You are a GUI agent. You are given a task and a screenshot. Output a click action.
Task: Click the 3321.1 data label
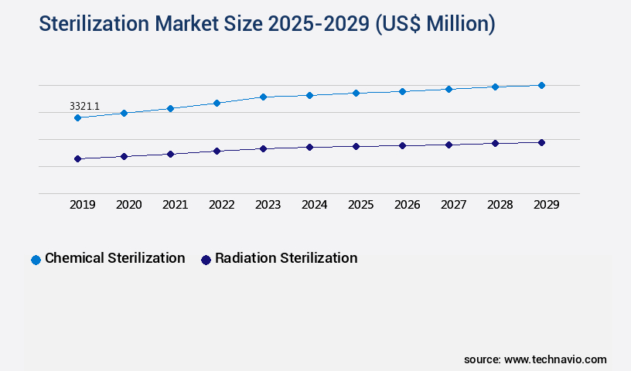click(x=84, y=106)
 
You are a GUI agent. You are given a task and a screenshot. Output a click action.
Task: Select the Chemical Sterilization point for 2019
click(x=77, y=117)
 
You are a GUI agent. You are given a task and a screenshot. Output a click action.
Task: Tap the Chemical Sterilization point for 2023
click(x=263, y=97)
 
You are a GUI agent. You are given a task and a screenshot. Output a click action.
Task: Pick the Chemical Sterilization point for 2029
click(x=541, y=85)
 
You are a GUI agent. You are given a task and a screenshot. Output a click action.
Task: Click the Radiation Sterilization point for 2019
click(x=77, y=158)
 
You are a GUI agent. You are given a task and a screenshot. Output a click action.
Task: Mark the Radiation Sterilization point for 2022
click(x=217, y=151)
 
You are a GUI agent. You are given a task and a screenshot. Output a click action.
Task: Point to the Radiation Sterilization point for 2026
click(x=402, y=145)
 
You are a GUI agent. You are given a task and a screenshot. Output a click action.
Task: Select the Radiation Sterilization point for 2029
click(x=541, y=142)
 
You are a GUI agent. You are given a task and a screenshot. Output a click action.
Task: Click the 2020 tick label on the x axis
click(x=128, y=205)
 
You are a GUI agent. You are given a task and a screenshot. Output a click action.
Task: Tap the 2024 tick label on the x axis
click(x=314, y=205)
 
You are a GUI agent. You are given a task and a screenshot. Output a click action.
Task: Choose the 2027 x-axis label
click(x=453, y=205)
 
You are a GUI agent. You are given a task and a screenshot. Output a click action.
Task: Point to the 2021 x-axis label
click(x=175, y=205)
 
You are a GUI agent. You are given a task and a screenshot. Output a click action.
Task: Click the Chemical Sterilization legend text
click(x=114, y=258)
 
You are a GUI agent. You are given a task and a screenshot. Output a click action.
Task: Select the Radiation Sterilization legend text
click(x=286, y=258)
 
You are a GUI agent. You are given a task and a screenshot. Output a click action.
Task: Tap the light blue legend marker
click(x=36, y=260)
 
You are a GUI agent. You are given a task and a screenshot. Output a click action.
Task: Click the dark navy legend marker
click(x=206, y=260)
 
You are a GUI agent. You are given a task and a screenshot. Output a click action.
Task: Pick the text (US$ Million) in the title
click(x=435, y=24)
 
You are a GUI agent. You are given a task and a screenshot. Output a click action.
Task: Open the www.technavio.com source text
click(x=555, y=359)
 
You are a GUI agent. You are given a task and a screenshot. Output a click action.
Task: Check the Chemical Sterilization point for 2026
click(x=402, y=91)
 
